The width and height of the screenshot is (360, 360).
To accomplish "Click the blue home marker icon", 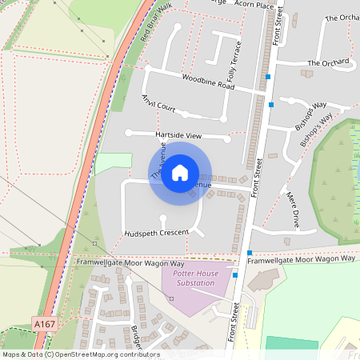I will pyautogui.click(x=180, y=172).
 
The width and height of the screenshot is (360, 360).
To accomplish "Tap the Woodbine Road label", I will pyautogui.click(x=207, y=81).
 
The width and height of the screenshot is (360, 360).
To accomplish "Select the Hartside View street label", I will pyautogui.click(x=179, y=135).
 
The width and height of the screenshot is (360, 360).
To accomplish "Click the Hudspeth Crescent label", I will pyautogui.click(x=157, y=233).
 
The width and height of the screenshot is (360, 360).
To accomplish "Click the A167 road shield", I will pyautogui.click(x=44, y=323).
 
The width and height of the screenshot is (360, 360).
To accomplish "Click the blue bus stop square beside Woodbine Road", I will pyautogui.click(x=269, y=77).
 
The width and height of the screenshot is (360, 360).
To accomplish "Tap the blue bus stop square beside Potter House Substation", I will pyautogui.click(x=235, y=276).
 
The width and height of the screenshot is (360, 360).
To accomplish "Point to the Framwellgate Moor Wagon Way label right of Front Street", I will pyautogui.click(x=301, y=259).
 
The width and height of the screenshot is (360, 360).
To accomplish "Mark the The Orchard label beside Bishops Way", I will pyautogui.click(x=330, y=62).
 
